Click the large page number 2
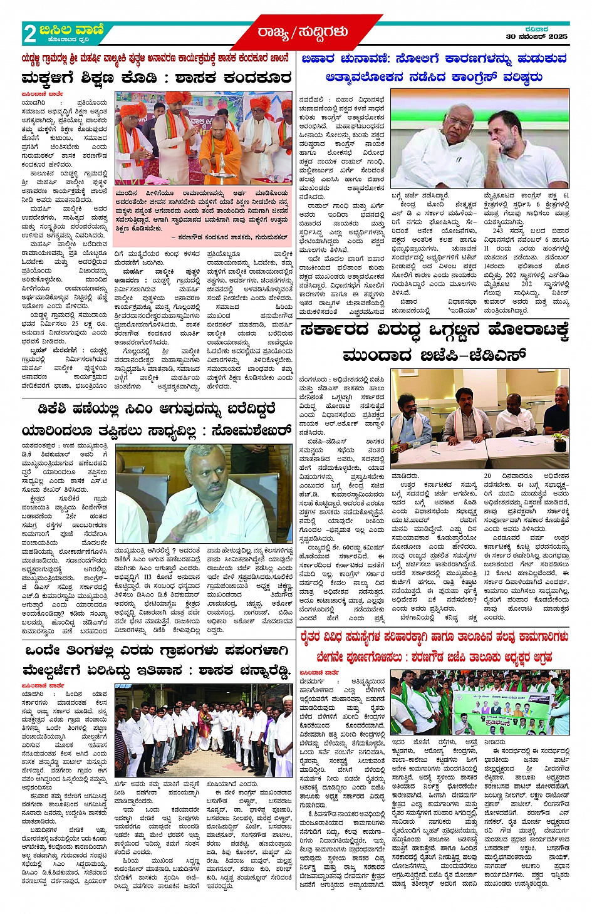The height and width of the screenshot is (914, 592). [x=29, y=34]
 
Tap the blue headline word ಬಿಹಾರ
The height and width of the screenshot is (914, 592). [x=318, y=59]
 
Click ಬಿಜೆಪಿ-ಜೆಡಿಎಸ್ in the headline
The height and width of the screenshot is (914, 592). [x=434, y=355]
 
